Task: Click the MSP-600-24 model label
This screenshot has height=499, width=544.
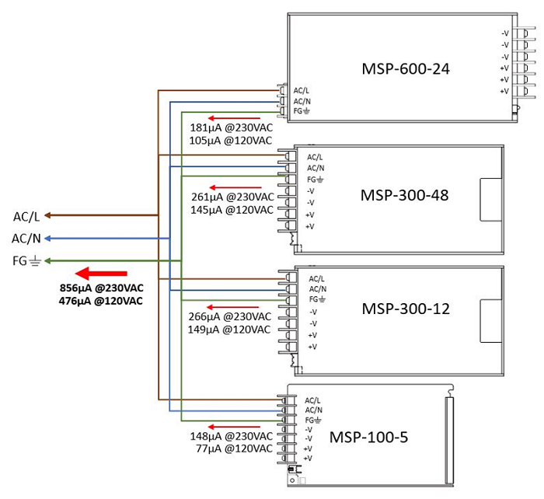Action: coord(406,70)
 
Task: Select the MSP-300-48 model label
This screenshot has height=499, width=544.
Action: coord(404,194)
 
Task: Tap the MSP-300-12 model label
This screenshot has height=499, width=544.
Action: coord(406,309)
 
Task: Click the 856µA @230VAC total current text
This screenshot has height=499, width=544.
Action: coord(101,288)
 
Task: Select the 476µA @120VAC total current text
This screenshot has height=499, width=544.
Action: coord(101,301)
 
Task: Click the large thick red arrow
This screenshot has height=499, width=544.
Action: coord(101,273)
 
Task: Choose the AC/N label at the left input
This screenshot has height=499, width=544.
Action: coord(26,238)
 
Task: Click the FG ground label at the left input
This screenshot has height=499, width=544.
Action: coord(26,260)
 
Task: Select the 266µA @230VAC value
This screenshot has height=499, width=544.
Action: coord(230,317)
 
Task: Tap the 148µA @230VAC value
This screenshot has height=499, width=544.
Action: coord(231,436)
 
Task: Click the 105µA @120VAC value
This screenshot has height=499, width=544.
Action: coord(230,141)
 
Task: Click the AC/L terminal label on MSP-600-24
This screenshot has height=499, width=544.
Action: coord(302,91)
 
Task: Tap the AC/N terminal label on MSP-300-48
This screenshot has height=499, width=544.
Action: coord(315,168)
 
